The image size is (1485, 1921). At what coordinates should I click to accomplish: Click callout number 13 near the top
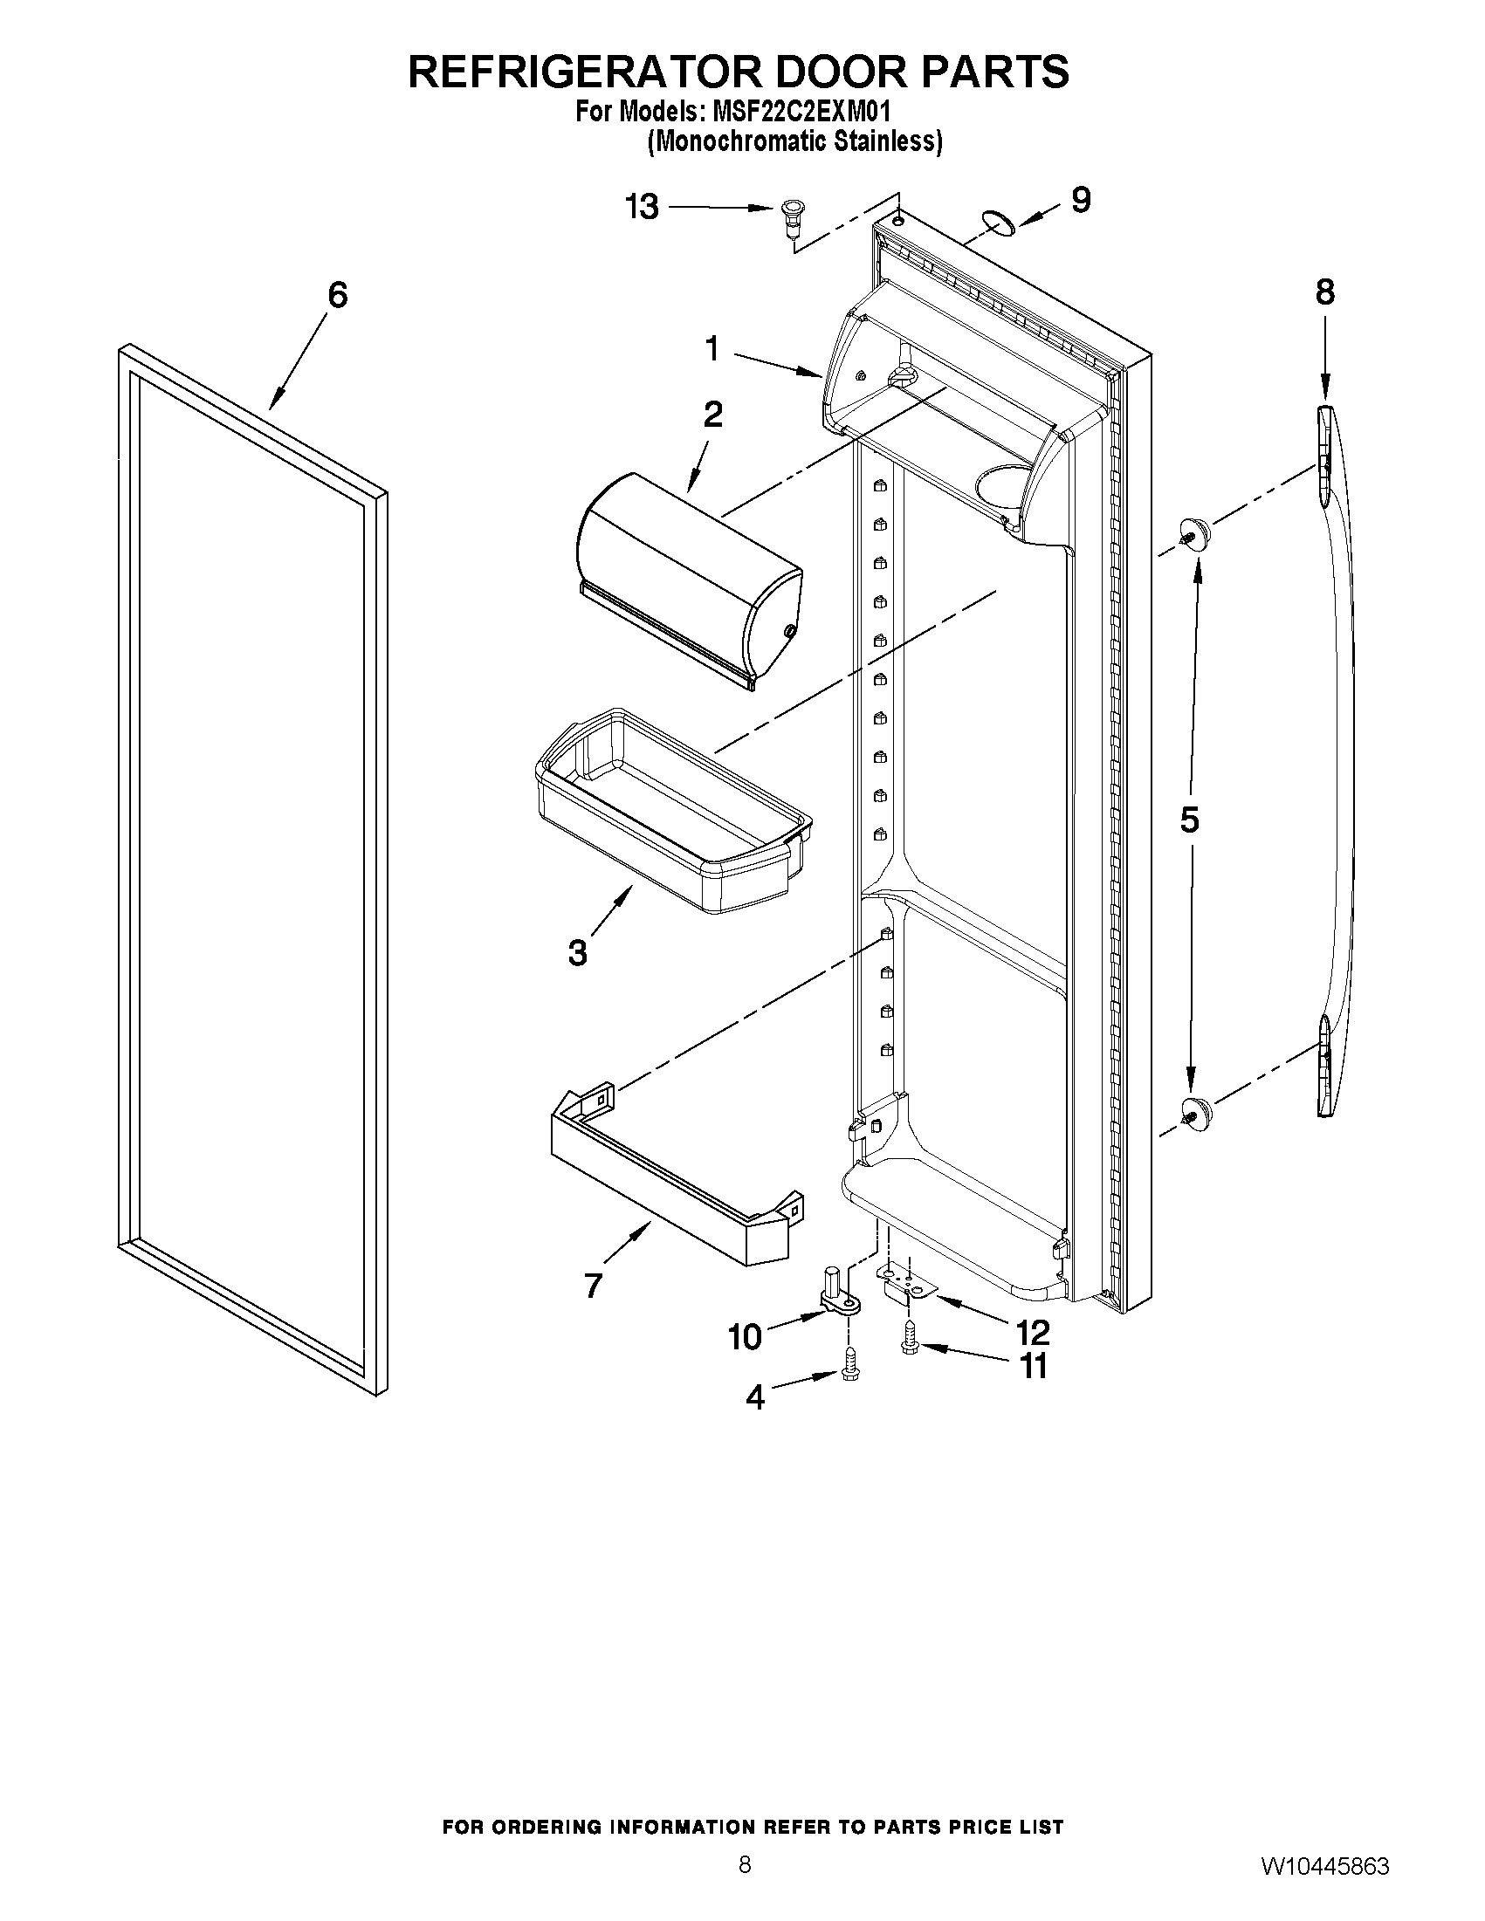coord(642,208)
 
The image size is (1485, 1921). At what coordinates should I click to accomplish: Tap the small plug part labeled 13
coord(792,216)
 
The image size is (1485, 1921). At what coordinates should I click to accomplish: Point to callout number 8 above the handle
coord(1325,292)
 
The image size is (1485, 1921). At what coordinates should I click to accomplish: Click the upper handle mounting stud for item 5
coord(1193,532)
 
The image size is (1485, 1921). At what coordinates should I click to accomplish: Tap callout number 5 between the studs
coord(1188,820)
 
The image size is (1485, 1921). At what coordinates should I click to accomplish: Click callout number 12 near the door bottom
coord(1032,1333)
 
